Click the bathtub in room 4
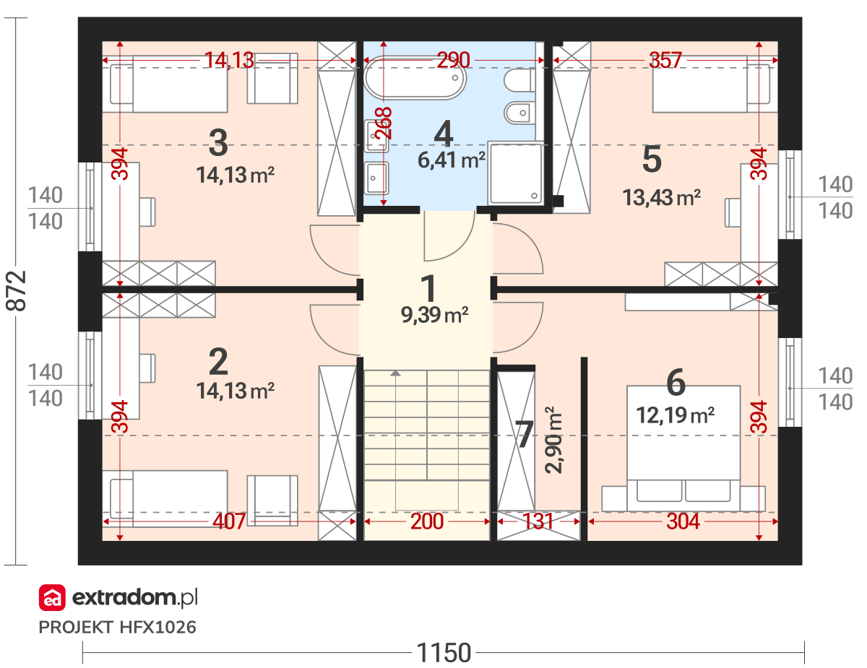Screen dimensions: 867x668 [415, 78]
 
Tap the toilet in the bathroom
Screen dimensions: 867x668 [519, 80]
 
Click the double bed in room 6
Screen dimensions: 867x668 [683, 448]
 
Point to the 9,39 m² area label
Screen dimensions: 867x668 [434, 315]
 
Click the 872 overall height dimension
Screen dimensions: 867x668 [17, 291]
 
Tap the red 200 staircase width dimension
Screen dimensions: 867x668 [427, 521]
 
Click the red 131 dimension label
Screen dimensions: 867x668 [538, 521]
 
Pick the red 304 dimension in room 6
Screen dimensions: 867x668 [683, 521]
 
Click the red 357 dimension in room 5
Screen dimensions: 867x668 [665, 60]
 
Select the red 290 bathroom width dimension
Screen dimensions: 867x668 [453, 60]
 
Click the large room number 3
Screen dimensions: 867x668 [218, 143]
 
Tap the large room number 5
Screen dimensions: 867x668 [652, 159]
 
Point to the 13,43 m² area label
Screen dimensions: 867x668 [662, 197]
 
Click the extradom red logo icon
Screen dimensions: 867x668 [52, 597]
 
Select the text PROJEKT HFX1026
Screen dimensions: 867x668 [117, 628]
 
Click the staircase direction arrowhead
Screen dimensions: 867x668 [395, 373]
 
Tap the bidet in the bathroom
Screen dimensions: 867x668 [519, 113]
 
